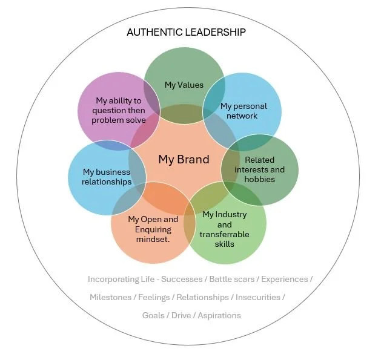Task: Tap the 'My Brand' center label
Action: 184,160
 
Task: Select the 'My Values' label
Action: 184,85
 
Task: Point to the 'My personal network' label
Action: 242,111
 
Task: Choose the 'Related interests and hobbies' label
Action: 259,169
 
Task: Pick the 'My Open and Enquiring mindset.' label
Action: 153,229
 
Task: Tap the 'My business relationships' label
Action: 107,177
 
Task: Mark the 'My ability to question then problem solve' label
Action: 119,110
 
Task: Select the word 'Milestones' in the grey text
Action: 111,298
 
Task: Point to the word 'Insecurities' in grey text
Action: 258,298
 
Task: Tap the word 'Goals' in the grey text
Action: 153,315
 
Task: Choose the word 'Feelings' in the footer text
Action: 154,298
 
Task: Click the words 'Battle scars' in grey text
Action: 232,280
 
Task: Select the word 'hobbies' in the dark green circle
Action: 259,179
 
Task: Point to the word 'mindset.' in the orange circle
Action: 153,239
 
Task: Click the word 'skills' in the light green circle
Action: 225,244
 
